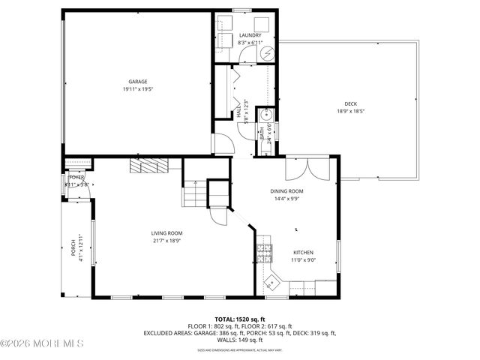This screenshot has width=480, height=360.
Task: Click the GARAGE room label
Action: click(x=136, y=81)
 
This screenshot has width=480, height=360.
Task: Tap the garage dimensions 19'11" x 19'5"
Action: click(x=136, y=88)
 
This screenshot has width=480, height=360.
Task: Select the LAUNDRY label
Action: click(x=250, y=35)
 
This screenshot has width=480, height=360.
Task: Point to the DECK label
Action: click(x=350, y=103)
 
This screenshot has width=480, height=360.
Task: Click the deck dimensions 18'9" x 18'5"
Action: click(x=350, y=111)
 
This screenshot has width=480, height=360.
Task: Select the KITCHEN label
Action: click(x=303, y=252)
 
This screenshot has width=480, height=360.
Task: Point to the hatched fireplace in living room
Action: click(x=148, y=166)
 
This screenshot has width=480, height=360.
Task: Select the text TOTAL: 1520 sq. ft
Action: click(x=239, y=319)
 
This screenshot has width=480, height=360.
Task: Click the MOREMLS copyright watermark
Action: click(x=43, y=345)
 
